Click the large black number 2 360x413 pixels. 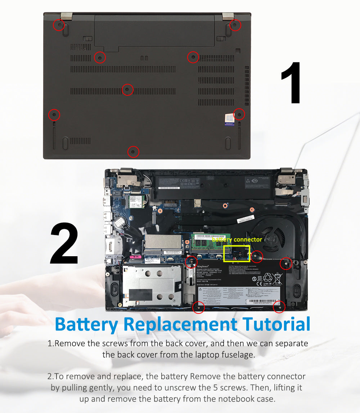tap(64, 244)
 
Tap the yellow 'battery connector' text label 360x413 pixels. tap(237, 239)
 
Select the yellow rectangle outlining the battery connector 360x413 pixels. tap(237, 254)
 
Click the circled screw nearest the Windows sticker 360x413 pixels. tap(239, 114)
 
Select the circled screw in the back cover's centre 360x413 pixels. tap(127, 89)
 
